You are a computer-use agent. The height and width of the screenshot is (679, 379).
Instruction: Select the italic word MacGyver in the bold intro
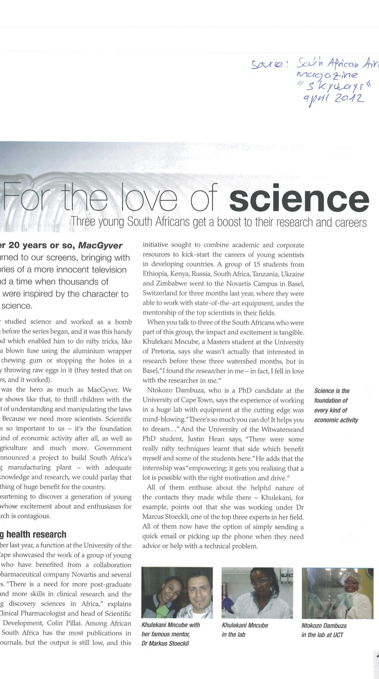(x=100, y=245)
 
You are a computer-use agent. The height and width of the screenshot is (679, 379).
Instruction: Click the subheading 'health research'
(x=36, y=534)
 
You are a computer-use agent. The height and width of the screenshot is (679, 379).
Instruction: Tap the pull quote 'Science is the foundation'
(x=336, y=405)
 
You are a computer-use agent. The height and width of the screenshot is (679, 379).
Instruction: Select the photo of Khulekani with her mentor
(x=177, y=592)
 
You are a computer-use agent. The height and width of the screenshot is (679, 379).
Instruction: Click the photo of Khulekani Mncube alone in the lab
(x=257, y=592)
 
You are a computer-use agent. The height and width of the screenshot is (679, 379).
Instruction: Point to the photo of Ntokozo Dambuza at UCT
(x=338, y=592)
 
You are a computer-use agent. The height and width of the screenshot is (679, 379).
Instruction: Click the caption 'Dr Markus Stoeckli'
(x=165, y=644)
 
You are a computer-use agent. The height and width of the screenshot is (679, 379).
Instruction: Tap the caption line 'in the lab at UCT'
(x=322, y=635)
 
